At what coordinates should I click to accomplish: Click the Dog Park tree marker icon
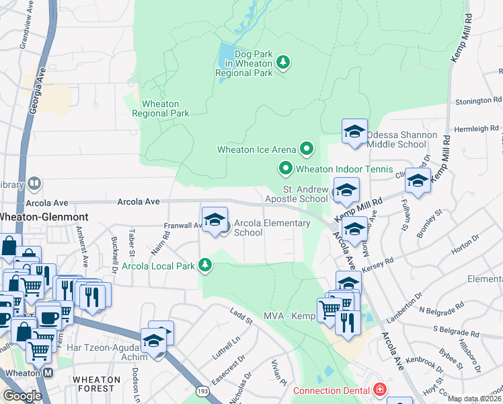pyautogui.click(x=284, y=63)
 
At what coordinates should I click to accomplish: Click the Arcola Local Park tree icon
pyautogui.click(x=205, y=266)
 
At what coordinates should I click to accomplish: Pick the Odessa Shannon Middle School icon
pyautogui.click(x=354, y=132)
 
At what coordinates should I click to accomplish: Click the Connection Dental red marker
pyautogui.click(x=380, y=390)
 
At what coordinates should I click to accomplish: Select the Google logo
pyautogui.click(x=22, y=395)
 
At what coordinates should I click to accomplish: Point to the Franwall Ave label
pyautogui.click(x=183, y=226)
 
